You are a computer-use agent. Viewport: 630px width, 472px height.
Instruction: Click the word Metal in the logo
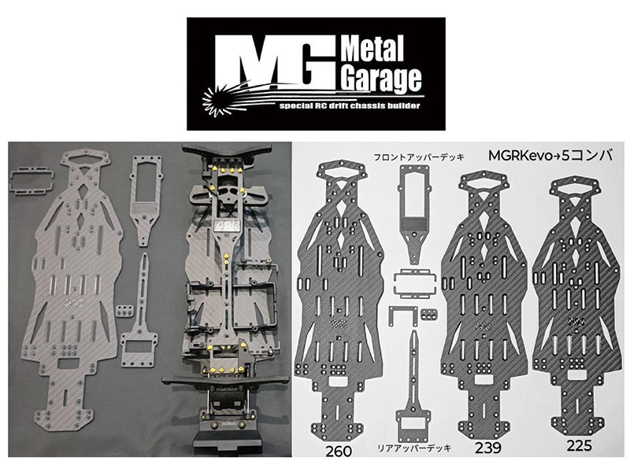[x=372, y=48]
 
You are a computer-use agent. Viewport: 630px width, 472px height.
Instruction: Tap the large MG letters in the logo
[x=276, y=62]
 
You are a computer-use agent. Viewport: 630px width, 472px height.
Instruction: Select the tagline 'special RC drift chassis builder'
[x=350, y=106]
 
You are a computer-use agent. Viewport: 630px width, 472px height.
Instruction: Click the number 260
[x=339, y=450]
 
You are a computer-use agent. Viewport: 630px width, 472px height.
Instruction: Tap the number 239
[x=487, y=447]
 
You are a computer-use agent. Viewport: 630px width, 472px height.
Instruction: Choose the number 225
[x=579, y=444]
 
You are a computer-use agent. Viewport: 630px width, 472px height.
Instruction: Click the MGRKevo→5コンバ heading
[x=550, y=155]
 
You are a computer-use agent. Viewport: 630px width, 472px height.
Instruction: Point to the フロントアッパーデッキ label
[x=419, y=157]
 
